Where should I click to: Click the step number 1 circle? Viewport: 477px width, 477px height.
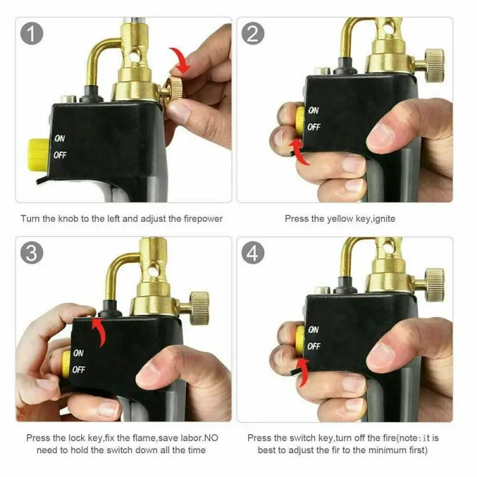pos(33,33)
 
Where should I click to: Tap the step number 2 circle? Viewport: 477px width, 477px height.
pos(253,33)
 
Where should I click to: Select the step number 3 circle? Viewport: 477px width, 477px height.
pos(33,253)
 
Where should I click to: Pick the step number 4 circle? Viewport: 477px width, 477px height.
pos(253,253)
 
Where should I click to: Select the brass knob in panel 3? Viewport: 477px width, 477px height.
pos(198,308)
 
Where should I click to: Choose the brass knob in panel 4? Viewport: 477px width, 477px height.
pos(433,284)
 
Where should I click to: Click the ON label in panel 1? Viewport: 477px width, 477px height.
pos(60,138)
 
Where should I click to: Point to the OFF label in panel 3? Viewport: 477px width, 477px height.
pos(79,370)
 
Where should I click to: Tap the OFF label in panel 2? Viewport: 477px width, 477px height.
pos(314,127)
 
